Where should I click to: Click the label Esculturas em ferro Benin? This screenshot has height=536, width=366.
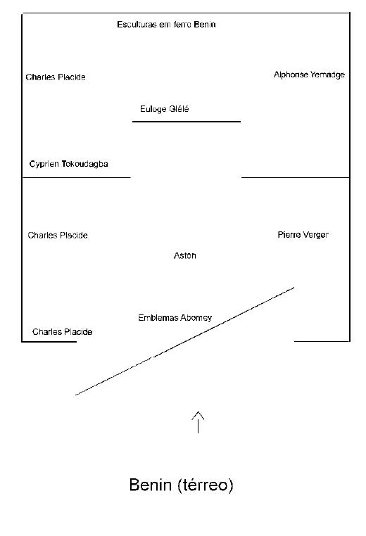coord(166,25)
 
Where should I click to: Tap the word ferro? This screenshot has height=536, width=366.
coord(183,25)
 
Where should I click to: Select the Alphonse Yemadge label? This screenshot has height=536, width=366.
coord(309,75)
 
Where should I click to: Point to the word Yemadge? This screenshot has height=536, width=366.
coord(327,75)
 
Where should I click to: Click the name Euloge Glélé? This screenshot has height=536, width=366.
coord(165,109)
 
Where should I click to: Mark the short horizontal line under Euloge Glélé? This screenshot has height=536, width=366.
coord(187,122)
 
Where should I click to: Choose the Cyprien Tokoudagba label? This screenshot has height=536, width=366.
coord(69,164)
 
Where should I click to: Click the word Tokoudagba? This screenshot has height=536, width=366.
coord(85,164)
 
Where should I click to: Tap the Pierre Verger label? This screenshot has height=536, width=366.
coord(303,235)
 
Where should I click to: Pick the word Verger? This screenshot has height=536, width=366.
coord(315,235)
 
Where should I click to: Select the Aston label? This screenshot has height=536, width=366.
coord(184,255)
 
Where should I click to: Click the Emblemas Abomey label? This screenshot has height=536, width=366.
coord(175,317)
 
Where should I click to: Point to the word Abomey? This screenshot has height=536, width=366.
coord(196,318)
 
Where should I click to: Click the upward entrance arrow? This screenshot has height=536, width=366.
coord(198,423)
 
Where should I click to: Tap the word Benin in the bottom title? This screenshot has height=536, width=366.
coord(151,485)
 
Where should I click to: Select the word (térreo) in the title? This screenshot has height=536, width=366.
coord(206,485)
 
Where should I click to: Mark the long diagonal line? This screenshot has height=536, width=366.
coord(184,341)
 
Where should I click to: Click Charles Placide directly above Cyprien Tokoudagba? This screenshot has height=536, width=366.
coord(56,77)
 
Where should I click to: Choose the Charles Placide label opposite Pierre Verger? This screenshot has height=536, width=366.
coord(58,235)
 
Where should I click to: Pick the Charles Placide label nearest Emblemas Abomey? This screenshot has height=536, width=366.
coord(62,331)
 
